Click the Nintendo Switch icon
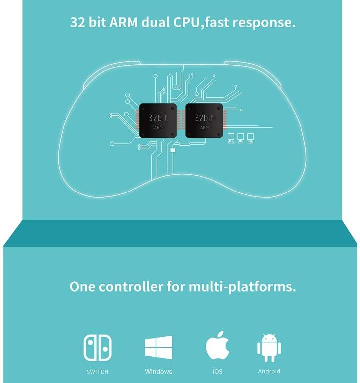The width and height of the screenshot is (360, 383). pyautogui.click(x=97, y=347)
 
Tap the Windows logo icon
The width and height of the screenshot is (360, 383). pyautogui.click(x=159, y=347)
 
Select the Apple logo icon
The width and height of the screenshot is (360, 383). pyautogui.click(x=218, y=346)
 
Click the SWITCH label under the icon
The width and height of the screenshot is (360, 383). pyautogui.click(x=97, y=372)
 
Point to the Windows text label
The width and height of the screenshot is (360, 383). pyautogui.click(x=159, y=372)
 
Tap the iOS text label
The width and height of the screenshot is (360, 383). pyautogui.click(x=218, y=372)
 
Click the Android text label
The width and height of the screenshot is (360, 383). pyautogui.click(x=269, y=372)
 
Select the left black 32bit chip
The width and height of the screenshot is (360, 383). pyautogui.click(x=158, y=121)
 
